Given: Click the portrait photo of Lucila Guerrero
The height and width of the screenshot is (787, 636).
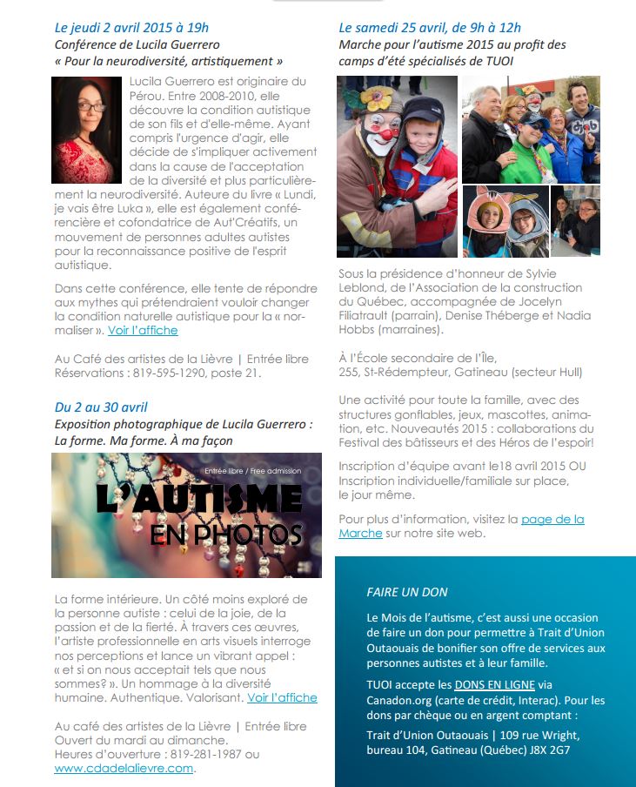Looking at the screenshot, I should (x=86, y=130).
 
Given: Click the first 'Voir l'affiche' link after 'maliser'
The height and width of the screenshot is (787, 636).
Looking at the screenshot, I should (x=143, y=330).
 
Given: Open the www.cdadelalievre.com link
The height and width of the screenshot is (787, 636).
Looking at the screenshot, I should (x=124, y=769).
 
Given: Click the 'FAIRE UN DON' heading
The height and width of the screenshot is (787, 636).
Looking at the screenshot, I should (x=407, y=592).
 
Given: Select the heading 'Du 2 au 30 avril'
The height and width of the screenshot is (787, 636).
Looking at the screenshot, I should (x=101, y=407).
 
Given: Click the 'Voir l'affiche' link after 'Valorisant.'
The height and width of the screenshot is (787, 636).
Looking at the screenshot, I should (x=282, y=697).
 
